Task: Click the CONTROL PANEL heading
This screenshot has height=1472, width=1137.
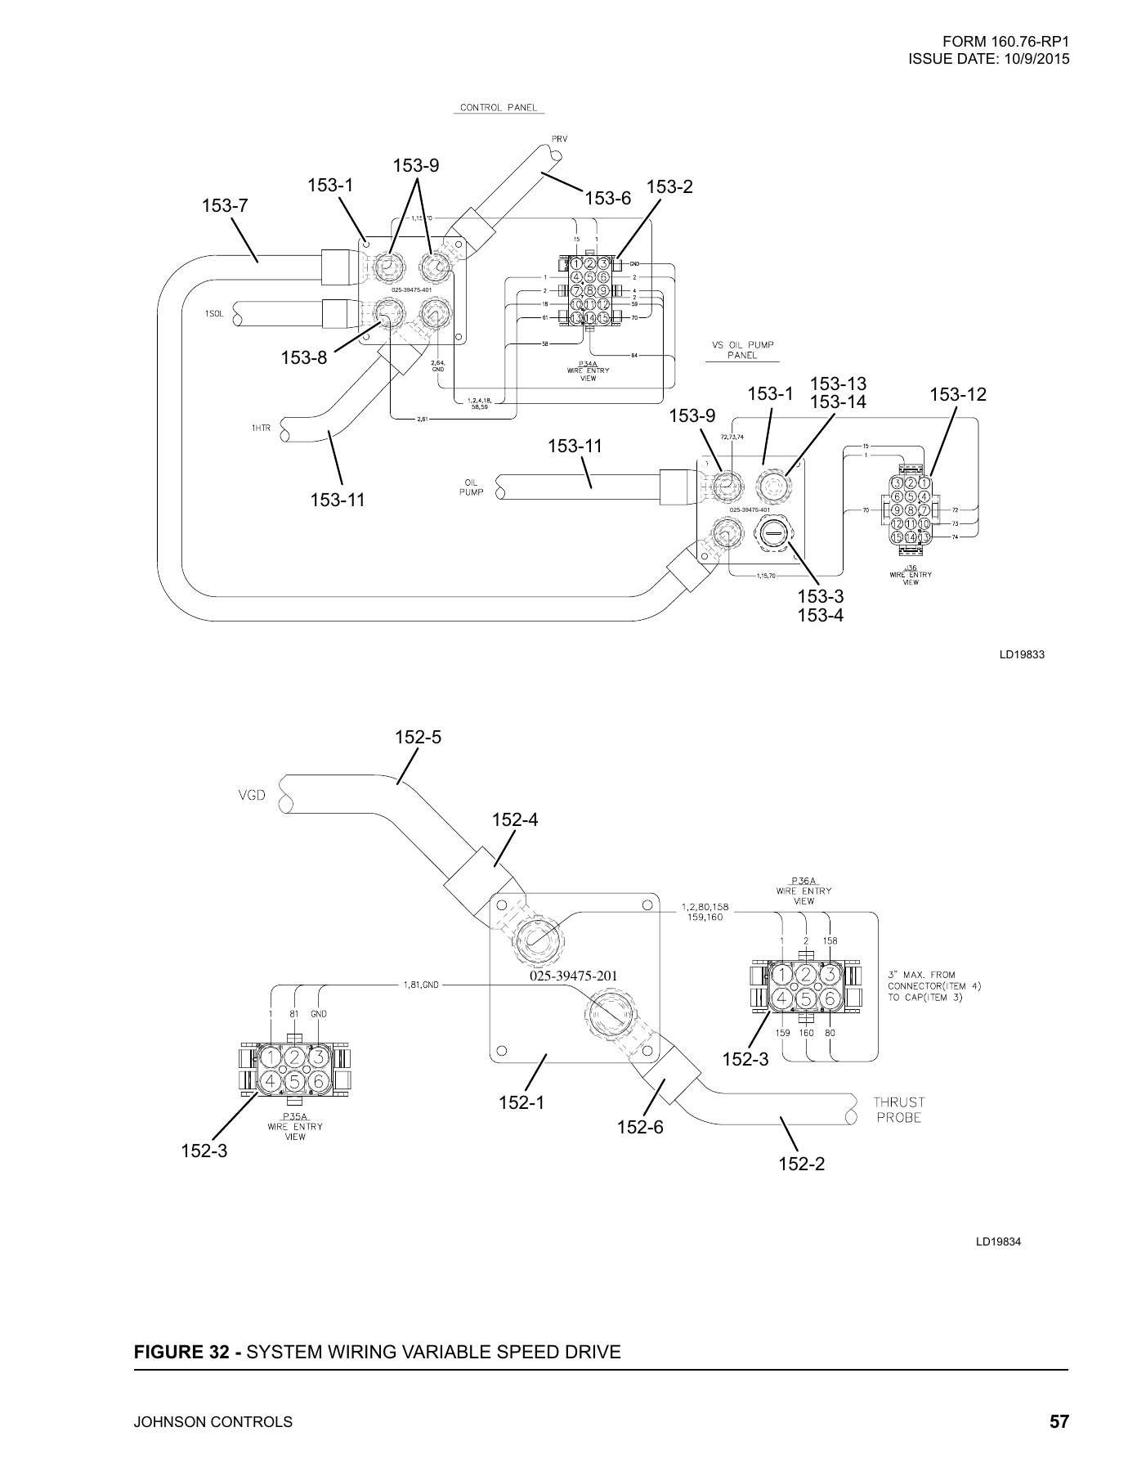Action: click(x=499, y=108)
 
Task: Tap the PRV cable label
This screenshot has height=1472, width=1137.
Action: click(x=559, y=138)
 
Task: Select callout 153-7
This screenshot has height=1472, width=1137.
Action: click(x=225, y=206)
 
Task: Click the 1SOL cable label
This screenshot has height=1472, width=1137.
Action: click(x=215, y=314)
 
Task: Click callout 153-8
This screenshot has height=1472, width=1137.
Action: click(x=304, y=357)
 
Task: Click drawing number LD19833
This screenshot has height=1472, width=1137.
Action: click(x=1022, y=654)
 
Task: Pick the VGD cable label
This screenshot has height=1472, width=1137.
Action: click(x=250, y=795)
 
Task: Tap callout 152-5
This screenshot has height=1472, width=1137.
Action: click(x=418, y=737)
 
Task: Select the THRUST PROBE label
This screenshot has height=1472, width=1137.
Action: click(x=899, y=1110)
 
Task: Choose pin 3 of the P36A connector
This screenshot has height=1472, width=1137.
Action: click(x=830, y=975)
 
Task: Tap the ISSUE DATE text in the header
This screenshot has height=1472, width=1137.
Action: click(x=988, y=59)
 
